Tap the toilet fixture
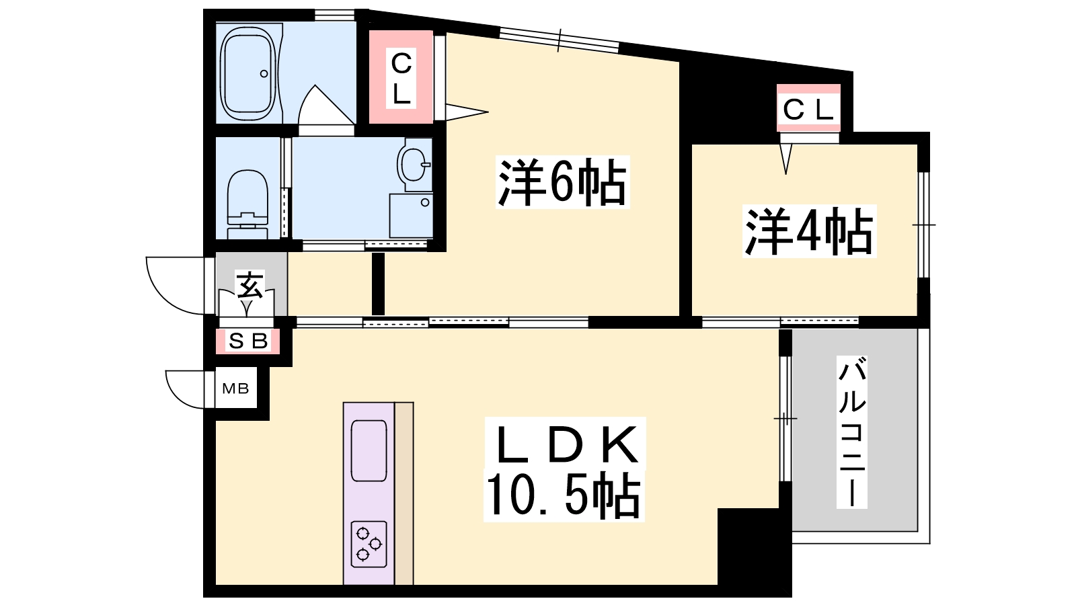[x=247, y=204]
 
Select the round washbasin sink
[x=413, y=165]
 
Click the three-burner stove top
[x=369, y=544]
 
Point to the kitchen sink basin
[x=369, y=450]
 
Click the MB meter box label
[x=235, y=388]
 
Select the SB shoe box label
[x=248, y=341]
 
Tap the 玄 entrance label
[x=249, y=284]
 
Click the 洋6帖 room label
[x=562, y=182]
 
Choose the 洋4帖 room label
[x=810, y=231]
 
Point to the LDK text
[x=566, y=444]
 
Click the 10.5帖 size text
[x=564, y=496]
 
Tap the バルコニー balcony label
[x=851, y=432]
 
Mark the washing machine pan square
[x=411, y=215]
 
